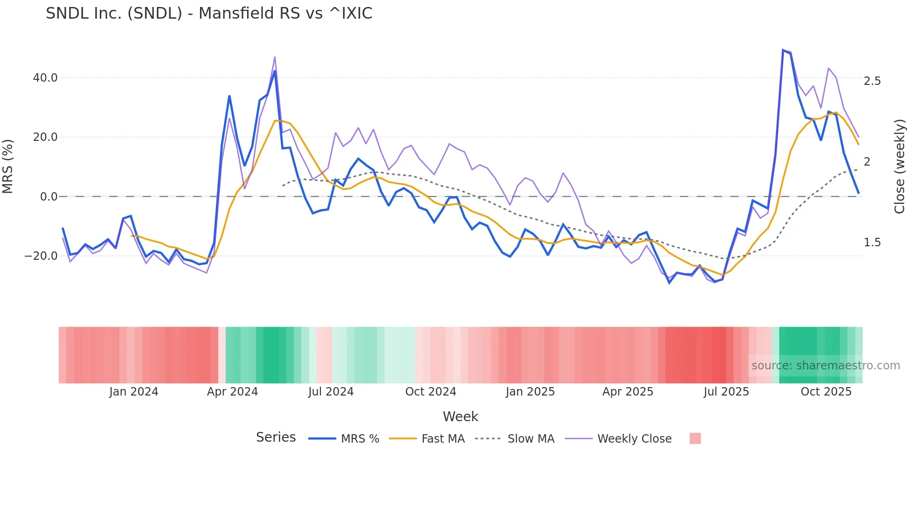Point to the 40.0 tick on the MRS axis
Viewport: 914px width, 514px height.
[x=45, y=78]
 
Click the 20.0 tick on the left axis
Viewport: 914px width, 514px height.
[x=45, y=137]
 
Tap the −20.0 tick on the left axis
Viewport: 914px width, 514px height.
[x=41, y=256]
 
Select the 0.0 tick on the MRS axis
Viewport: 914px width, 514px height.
[x=49, y=197]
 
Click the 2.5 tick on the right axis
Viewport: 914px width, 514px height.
[x=872, y=81]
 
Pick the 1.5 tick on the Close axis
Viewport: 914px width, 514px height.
[x=872, y=243]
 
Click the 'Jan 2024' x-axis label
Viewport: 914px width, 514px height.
[x=134, y=392]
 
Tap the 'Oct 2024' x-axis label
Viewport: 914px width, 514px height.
[x=430, y=392]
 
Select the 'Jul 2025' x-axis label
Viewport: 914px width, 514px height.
[x=726, y=392]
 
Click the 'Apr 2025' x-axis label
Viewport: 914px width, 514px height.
[x=628, y=392]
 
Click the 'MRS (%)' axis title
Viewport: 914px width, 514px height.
[x=8, y=167]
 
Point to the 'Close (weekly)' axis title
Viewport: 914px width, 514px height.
[x=900, y=167]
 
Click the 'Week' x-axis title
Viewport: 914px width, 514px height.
[x=460, y=417]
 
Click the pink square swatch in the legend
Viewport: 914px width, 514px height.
[x=695, y=438]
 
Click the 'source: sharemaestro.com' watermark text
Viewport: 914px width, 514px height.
[x=825, y=366]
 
